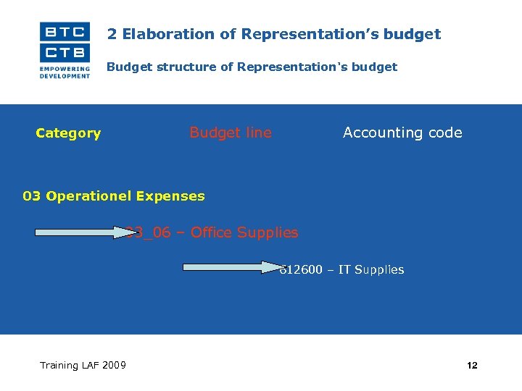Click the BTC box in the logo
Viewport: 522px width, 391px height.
click(x=65, y=32)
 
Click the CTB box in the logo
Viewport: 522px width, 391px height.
click(x=65, y=52)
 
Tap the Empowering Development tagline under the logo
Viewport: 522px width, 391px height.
click(x=65, y=72)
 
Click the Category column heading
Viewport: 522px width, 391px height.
click(x=68, y=133)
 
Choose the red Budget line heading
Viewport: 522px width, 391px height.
click(x=231, y=133)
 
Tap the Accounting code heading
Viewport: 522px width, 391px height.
click(x=402, y=133)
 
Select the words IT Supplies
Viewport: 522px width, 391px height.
click(x=371, y=270)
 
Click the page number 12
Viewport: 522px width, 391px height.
click(x=472, y=366)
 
